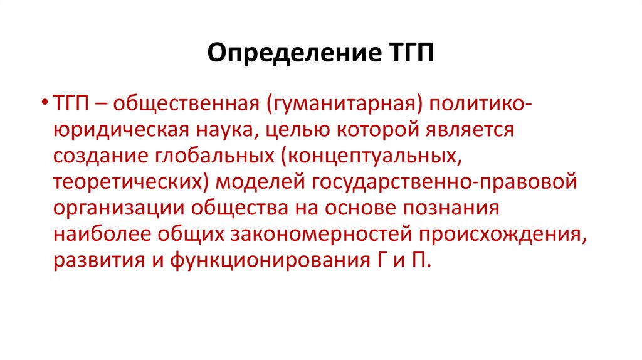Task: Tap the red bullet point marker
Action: (x=47, y=102)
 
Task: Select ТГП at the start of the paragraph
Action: (x=70, y=102)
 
